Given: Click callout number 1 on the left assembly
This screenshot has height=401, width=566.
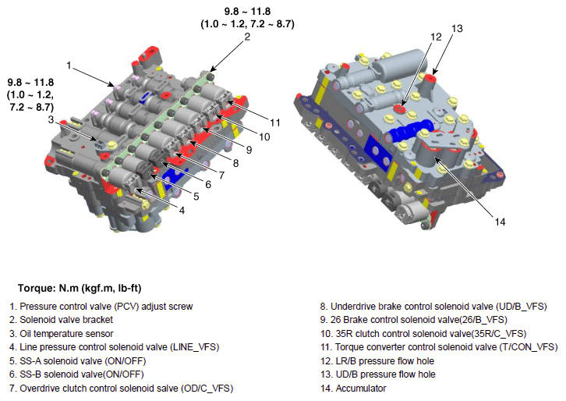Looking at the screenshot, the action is (x=69, y=66).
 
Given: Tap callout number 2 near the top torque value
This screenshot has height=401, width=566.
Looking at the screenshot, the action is (x=247, y=37).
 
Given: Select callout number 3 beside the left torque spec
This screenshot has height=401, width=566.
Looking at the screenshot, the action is (x=51, y=119).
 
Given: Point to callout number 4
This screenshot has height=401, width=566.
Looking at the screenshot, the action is (x=182, y=211).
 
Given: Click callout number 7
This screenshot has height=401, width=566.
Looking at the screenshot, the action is (x=221, y=176).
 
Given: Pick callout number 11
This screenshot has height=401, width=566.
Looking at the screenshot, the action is (x=275, y=122).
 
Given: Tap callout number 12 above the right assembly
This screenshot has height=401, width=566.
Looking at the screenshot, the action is (x=436, y=37).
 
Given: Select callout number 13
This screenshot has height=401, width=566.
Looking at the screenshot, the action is (x=457, y=29).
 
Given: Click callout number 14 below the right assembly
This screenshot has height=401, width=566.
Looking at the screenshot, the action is (x=500, y=222).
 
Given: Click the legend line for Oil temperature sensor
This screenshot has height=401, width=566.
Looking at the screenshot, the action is (x=62, y=333).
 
